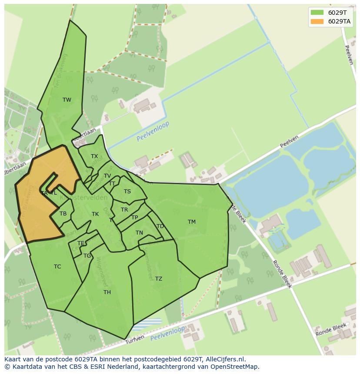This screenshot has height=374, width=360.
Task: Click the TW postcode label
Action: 67,100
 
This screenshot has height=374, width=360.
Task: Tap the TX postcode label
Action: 94,156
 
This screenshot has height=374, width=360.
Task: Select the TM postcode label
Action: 192,222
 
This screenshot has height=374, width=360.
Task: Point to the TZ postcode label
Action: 159,279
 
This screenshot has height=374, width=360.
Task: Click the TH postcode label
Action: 107,292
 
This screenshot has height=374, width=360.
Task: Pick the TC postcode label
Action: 57,267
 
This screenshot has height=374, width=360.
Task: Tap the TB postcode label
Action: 63,214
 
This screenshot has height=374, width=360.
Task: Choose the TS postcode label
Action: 127,192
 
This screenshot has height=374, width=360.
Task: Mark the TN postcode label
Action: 139,233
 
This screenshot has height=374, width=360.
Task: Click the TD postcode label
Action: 160,226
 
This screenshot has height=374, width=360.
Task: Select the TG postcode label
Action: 87,256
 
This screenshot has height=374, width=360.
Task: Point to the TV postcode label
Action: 107,176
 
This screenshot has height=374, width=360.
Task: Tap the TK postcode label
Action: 95,214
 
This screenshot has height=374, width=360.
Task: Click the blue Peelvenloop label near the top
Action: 153,131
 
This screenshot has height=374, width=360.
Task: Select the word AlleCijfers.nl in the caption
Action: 226,359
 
